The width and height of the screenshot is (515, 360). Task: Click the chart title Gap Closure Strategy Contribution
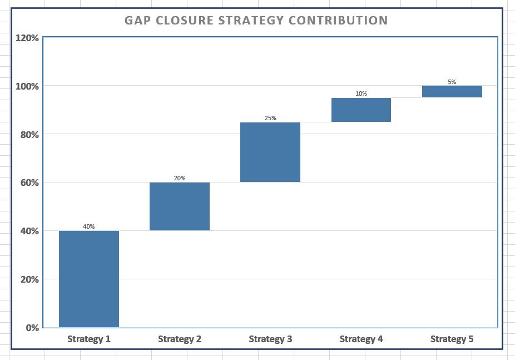coord(256,21)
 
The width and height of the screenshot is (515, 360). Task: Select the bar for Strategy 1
coord(89,279)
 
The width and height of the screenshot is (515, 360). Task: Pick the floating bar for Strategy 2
coord(180,206)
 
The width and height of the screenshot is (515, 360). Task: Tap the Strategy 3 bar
coord(270,152)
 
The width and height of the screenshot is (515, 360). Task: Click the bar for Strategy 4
coord(361,110)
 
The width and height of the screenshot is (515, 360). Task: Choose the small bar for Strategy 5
coord(452,91)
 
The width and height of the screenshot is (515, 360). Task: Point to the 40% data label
coord(89,226)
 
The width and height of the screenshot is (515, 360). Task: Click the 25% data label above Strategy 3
coord(270,118)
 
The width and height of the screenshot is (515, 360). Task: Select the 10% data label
coord(361,93)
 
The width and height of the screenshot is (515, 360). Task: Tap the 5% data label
coord(452,82)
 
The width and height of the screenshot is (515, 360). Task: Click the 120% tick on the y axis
coord(27,38)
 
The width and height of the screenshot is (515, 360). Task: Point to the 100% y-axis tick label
coord(27,86)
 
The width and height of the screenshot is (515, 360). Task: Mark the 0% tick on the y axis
coord(32,328)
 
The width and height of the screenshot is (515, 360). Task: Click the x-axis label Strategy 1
coord(89,339)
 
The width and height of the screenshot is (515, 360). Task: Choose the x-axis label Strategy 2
coord(180,339)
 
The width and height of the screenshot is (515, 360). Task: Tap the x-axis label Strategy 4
coord(361,339)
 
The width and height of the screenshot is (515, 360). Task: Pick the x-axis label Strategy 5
coord(452,339)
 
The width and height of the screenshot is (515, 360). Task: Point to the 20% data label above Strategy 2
coord(180,178)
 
